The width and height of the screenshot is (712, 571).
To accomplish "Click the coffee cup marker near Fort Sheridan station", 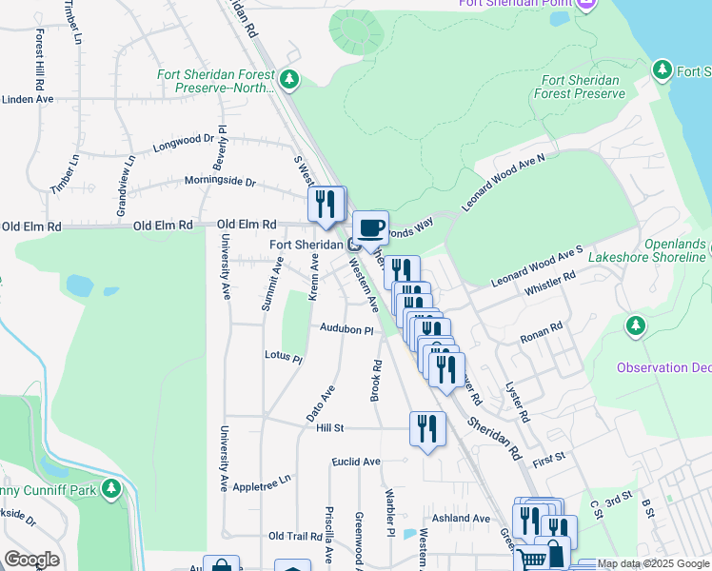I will tap(370, 228).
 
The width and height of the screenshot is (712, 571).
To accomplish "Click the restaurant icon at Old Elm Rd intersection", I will tap(326, 204).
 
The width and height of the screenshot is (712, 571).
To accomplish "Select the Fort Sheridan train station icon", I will tap(353, 245).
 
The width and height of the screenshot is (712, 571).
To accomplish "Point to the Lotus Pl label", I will tap(283, 358).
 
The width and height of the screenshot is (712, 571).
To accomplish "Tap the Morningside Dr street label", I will tap(220, 181).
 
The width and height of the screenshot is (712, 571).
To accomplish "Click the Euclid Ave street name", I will tap(356, 462).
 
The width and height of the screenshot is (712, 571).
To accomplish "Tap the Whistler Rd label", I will tap(550, 283).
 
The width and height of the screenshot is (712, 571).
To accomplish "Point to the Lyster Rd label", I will tap(516, 402).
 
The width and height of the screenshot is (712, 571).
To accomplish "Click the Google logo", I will tap(32, 560).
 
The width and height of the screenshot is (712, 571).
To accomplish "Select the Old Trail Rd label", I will tap(298, 537).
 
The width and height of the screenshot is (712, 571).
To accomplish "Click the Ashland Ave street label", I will tap(460, 519).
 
